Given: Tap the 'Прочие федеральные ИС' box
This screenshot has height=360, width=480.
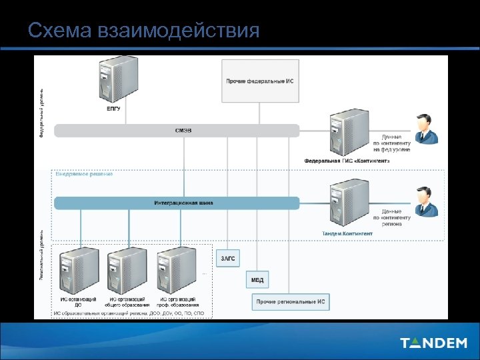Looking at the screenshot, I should (x=259, y=81).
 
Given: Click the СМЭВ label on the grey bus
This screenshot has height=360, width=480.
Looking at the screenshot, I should (x=183, y=131).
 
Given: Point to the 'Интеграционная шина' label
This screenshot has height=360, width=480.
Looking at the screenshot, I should (x=183, y=202).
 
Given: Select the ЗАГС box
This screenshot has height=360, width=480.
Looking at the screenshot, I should (x=227, y=258).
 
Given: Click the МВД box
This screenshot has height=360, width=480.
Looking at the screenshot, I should (x=257, y=279).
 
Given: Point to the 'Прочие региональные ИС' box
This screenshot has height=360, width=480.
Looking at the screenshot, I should (x=291, y=302).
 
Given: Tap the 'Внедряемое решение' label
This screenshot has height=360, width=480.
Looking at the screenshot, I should (x=84, y=175).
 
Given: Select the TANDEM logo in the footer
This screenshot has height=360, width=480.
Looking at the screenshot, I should (x=433, y=343).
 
